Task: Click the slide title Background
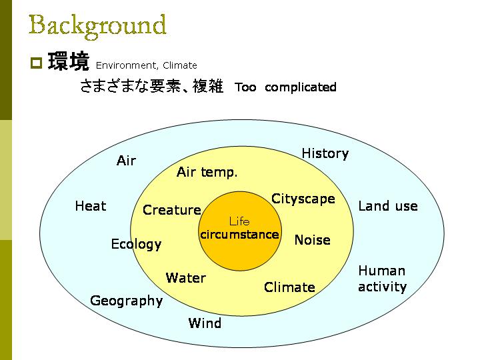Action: click(97, 27)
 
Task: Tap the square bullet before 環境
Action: click(36, 63)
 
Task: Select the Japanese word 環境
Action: click(69, 61)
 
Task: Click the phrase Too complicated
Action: click(285, 87)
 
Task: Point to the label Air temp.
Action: click(207, 172)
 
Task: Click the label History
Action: click(325, 154)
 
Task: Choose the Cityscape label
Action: click(303, 199)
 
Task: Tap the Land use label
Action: click(388, 206)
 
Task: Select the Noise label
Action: click(312, 240)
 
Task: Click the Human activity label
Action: click(383, 279)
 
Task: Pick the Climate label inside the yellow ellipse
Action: click(289, 287)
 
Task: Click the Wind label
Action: click(205, 323)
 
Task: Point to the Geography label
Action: click(126, 301)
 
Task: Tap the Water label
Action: click(186, 278)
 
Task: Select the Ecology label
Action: click(136, 244)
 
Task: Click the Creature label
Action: click(172, 210)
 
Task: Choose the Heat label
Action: click(91, 206)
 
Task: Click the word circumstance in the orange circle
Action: click(239, 235)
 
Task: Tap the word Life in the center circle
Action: click(239, 221)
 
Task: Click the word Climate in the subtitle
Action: click(180, 65)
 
